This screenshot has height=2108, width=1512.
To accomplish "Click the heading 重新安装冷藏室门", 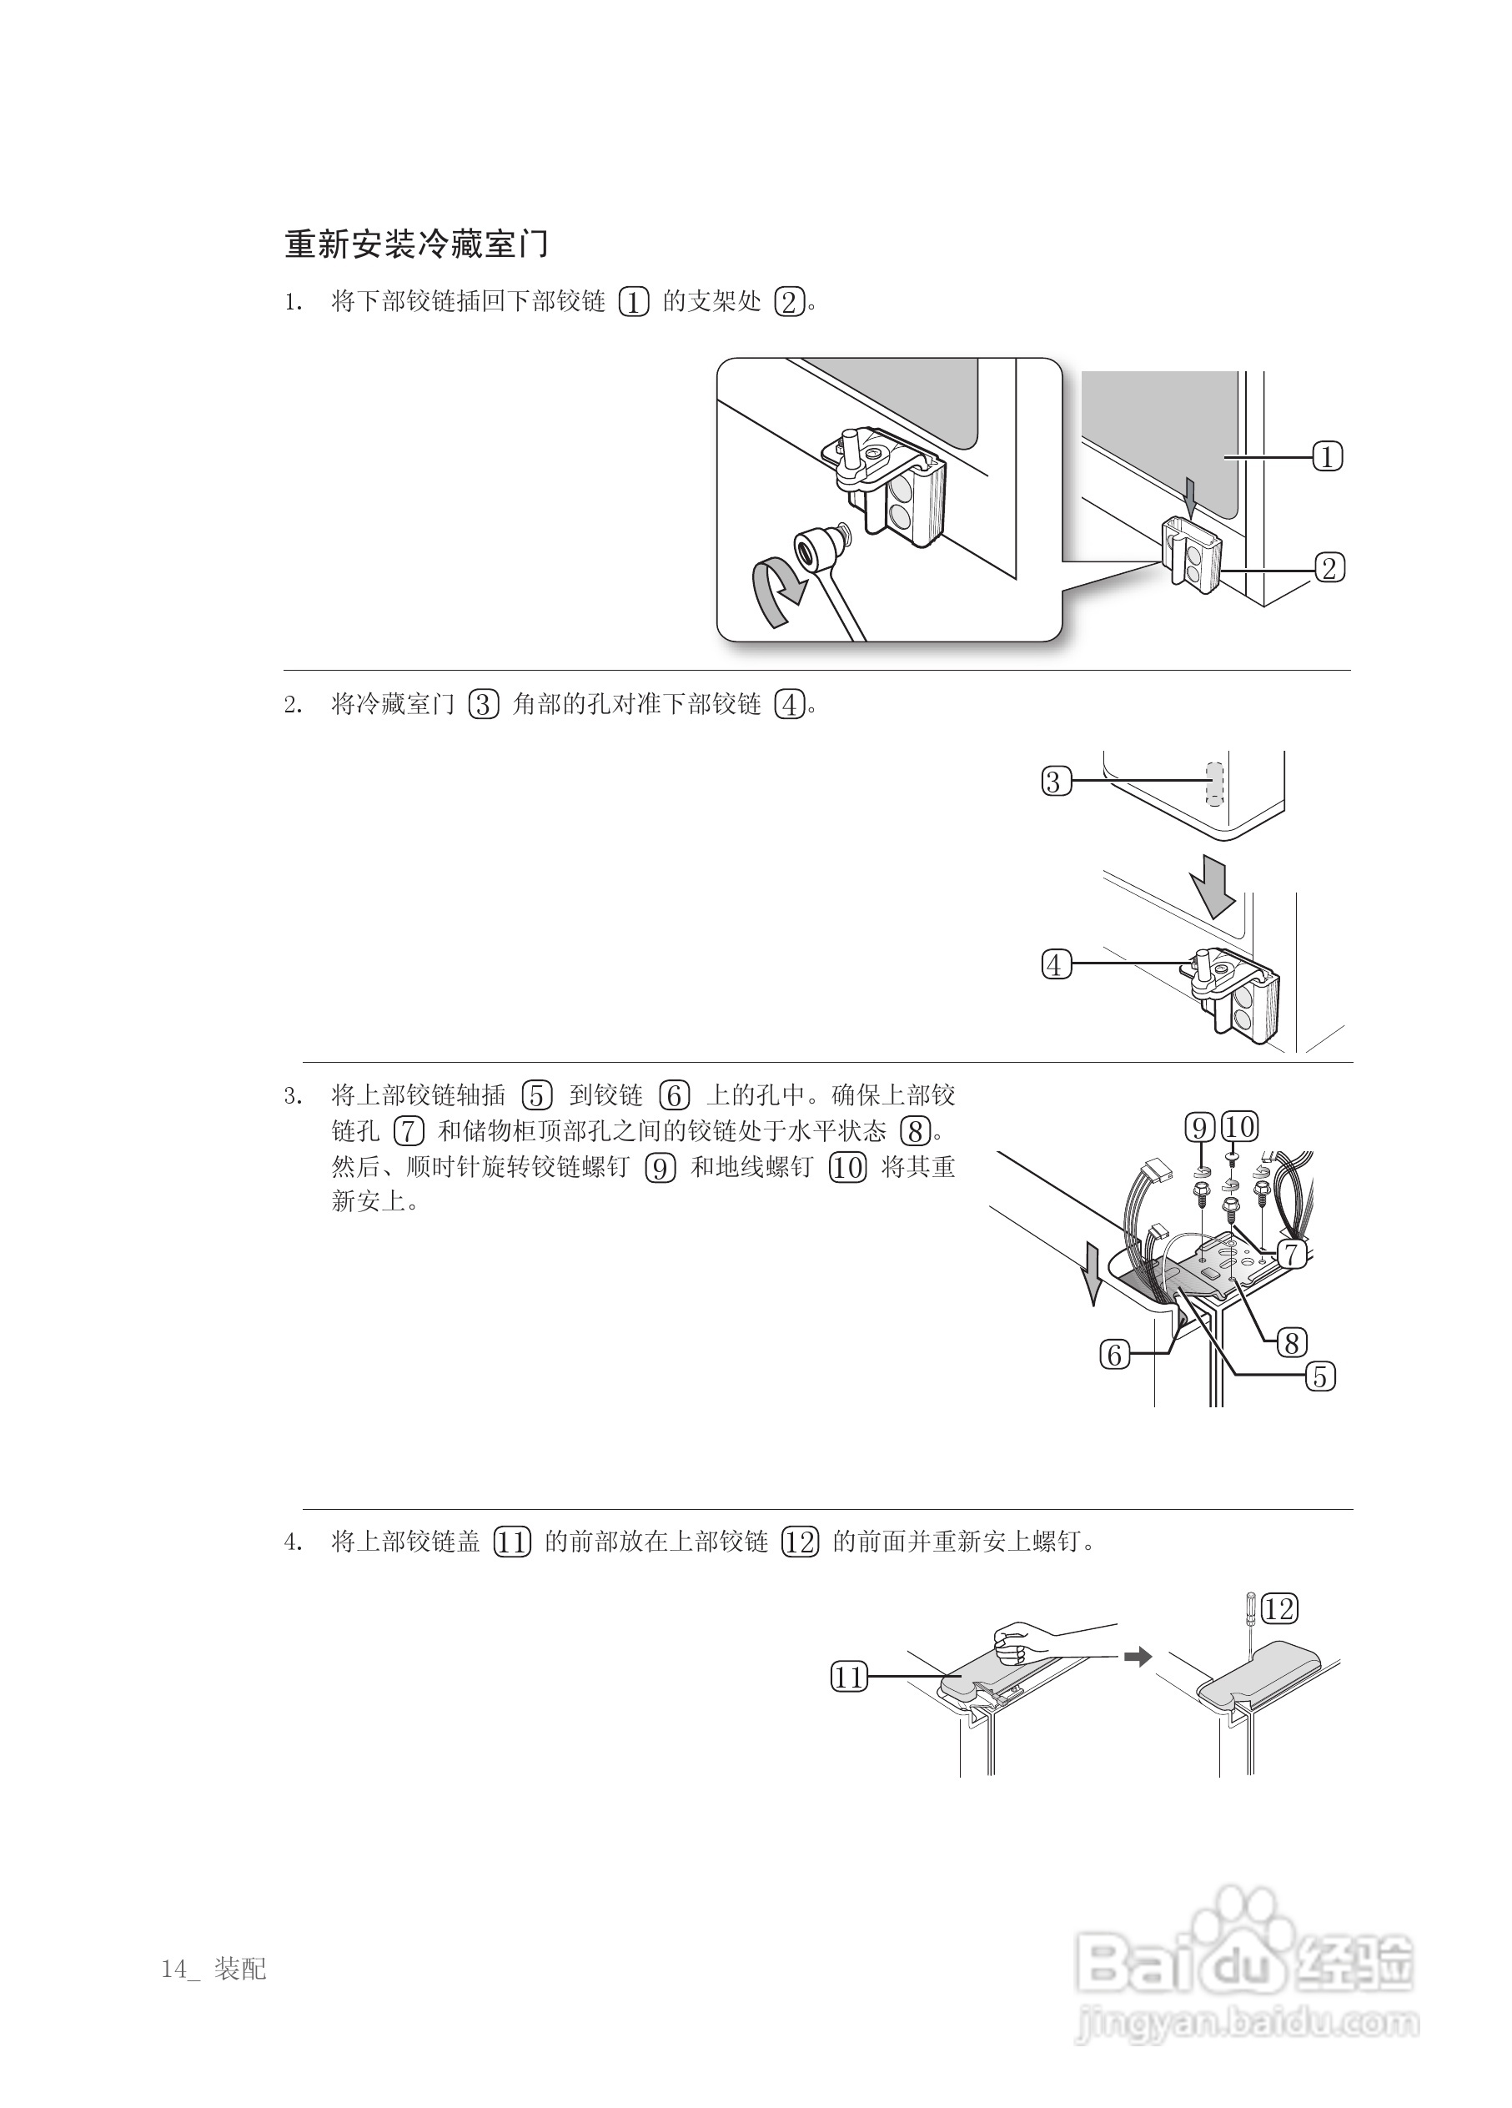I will coord(415,244).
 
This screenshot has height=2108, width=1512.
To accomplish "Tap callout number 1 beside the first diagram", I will coord(1327,456).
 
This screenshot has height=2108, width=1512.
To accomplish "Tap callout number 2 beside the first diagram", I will coord(1329,567).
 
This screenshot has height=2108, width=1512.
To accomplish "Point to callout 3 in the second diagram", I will coord(1056,781).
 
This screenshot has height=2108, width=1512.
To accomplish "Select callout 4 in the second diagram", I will coord(1056,965).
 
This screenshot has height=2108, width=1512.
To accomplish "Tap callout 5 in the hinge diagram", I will coord(1319,1376).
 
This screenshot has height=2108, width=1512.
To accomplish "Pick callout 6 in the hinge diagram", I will coord(1115,1355).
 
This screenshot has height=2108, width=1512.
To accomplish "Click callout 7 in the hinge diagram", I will coord(1291,1254).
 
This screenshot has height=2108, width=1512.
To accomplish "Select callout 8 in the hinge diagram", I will coord(1291,1342).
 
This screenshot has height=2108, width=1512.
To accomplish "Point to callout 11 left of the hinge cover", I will coord(847,1678).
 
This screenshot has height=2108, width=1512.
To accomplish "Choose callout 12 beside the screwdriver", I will coord(1279,1609).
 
